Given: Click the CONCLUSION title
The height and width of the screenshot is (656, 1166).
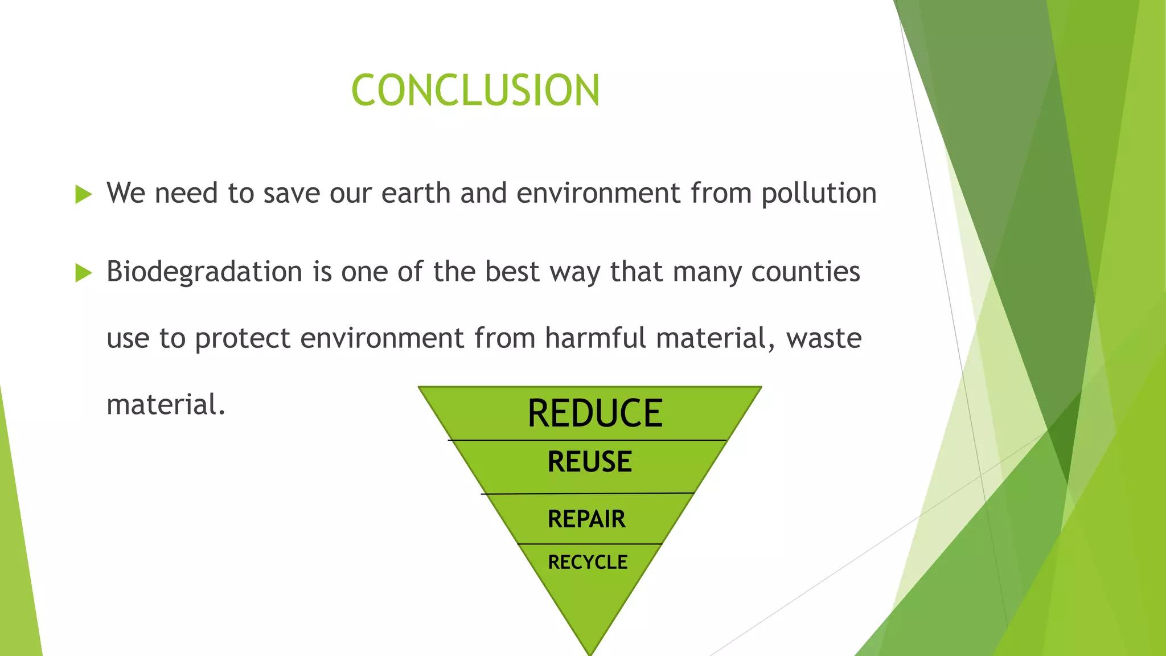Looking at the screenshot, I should click(x=475, y=91).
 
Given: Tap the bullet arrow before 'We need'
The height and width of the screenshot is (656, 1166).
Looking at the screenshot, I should click(x=83, y=195).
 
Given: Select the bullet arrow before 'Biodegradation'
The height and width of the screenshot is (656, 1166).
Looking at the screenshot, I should click(x=83, y=273).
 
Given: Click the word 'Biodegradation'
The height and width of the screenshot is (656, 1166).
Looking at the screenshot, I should click(x=204, y=272).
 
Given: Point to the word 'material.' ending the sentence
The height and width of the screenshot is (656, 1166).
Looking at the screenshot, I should click(x=166, y=405).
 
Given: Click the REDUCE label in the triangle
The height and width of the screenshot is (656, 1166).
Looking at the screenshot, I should click(x=595, y=413).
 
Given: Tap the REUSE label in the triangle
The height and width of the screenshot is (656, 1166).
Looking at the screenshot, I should click(x=589, y=462).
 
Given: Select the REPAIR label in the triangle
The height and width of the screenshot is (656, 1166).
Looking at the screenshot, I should click(x=586, y=519).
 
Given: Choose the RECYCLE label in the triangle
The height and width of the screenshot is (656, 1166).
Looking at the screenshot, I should click(x=588, y=563).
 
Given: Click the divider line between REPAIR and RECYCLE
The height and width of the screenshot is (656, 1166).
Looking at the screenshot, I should click(x=590, y=544).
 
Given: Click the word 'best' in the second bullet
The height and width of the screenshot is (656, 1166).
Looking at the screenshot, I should click(x=511, y=272).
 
